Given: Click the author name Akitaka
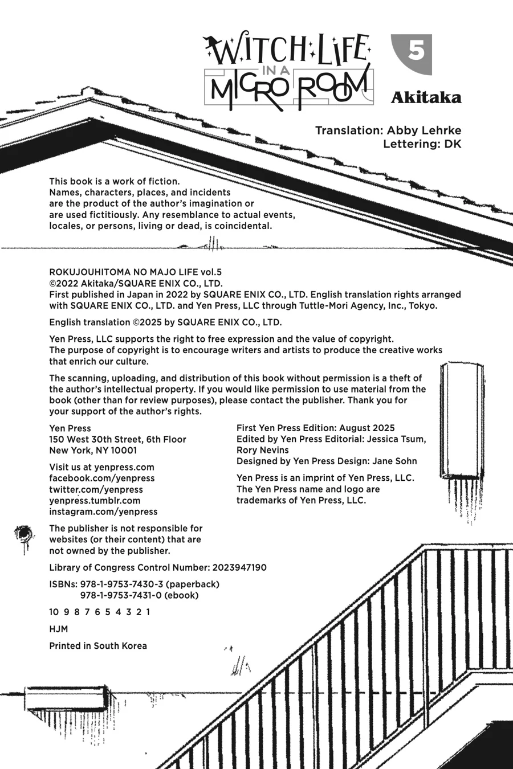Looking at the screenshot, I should [x=425, y=98].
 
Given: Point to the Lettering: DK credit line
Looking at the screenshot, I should [x=422, y=144].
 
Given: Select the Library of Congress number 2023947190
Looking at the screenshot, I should [x=239, y=567].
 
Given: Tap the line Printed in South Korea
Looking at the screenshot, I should [x=98, y=645].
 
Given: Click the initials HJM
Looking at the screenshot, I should [x=59, y=629].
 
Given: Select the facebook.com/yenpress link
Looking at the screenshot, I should [x=102, y=478].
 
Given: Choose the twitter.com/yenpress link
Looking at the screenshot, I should [x=96, y=489].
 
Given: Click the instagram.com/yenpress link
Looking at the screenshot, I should [x=103, y=512].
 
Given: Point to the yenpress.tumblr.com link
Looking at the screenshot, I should [x=95, y=500].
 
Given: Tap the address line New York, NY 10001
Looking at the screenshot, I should [x=93, y=450].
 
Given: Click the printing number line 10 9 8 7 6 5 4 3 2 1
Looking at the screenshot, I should [x=100, y=612].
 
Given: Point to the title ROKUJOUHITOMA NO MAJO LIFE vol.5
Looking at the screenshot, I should [x=135, y=272].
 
